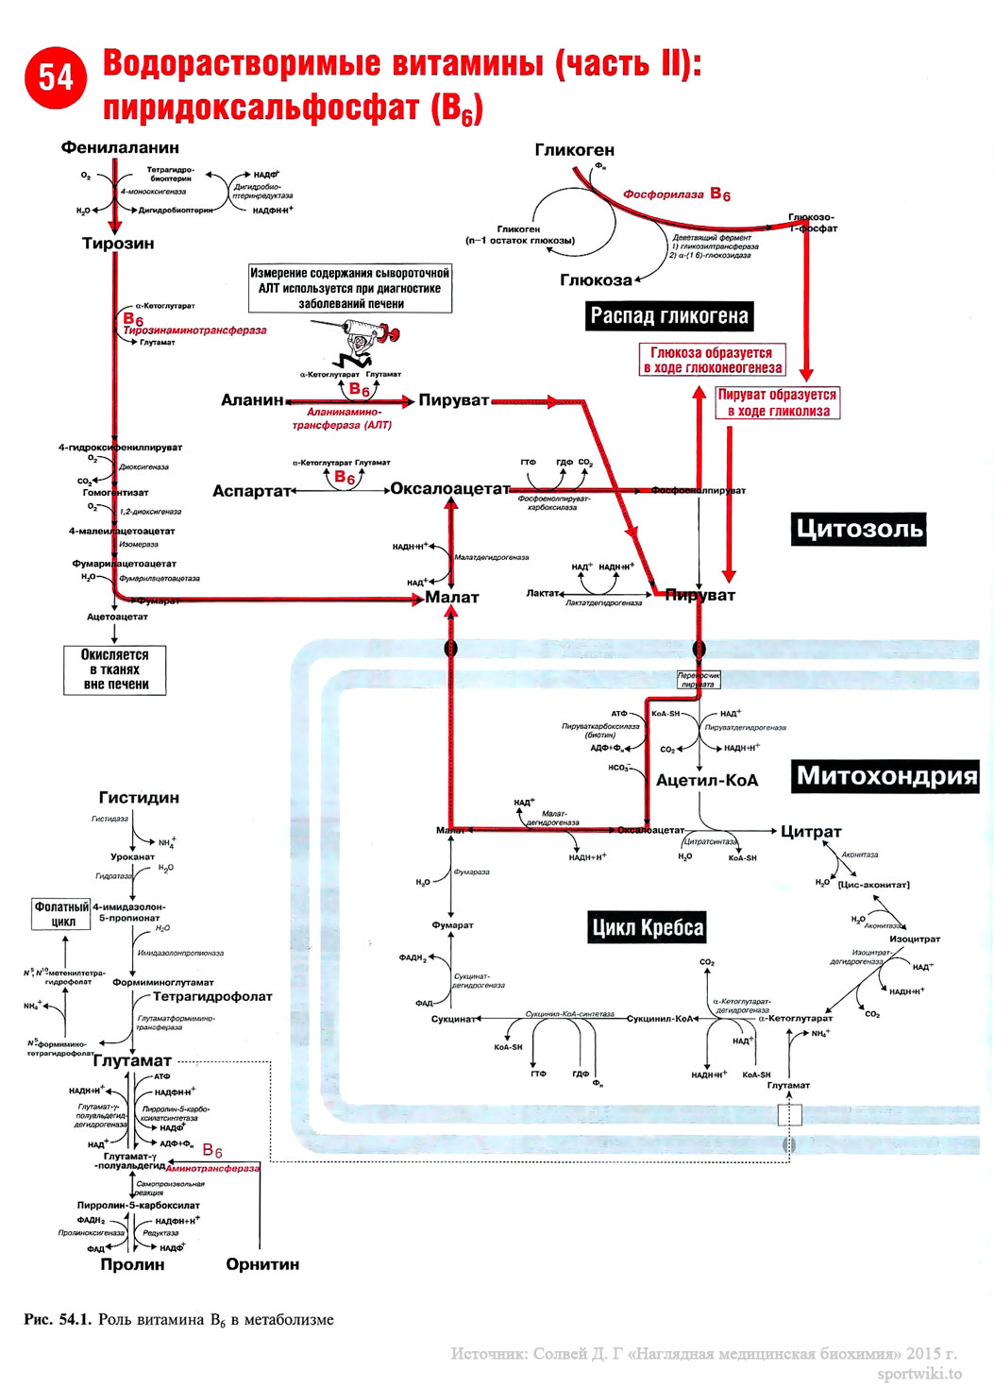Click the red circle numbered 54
coord(56,77)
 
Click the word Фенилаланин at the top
coord(120,147)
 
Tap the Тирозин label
coord(118,244)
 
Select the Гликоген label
coord(574,150)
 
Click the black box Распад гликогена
coord(669,316)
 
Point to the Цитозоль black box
coord(858,529)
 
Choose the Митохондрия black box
coord(886,776)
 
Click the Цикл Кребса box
coord(648,927)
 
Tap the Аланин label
coord(252,400)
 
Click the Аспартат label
coord(251,491)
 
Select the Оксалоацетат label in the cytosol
coord(450,489)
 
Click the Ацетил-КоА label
coord(707,781)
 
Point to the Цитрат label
coord(811,832)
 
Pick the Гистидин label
coord(139,798)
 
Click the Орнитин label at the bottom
coord(262,1264)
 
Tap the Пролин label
coord(132,1264)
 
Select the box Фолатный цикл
coord(62,914)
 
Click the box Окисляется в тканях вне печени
coord(115,669)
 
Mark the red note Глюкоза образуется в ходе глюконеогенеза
coord(713,360)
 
